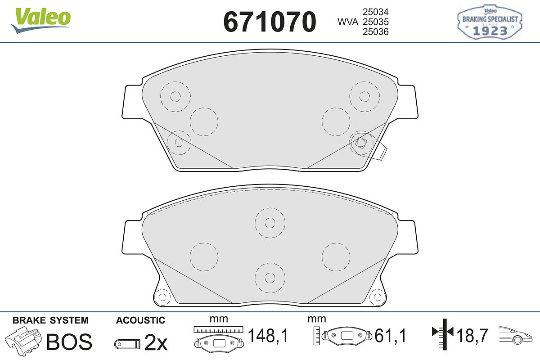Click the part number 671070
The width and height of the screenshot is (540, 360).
coord(270,22)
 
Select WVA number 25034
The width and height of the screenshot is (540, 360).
coord(376,12)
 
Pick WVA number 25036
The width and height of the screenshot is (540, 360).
coord(376,31)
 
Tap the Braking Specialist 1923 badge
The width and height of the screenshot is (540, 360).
coord(490,22)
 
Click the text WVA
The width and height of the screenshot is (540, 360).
coord(348,22)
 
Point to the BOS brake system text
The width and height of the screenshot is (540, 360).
coord(69,342)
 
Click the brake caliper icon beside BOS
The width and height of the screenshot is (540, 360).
coord(23,341)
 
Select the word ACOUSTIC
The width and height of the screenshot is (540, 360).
coord(140,320)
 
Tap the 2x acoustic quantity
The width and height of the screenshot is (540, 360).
coord(156,342)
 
